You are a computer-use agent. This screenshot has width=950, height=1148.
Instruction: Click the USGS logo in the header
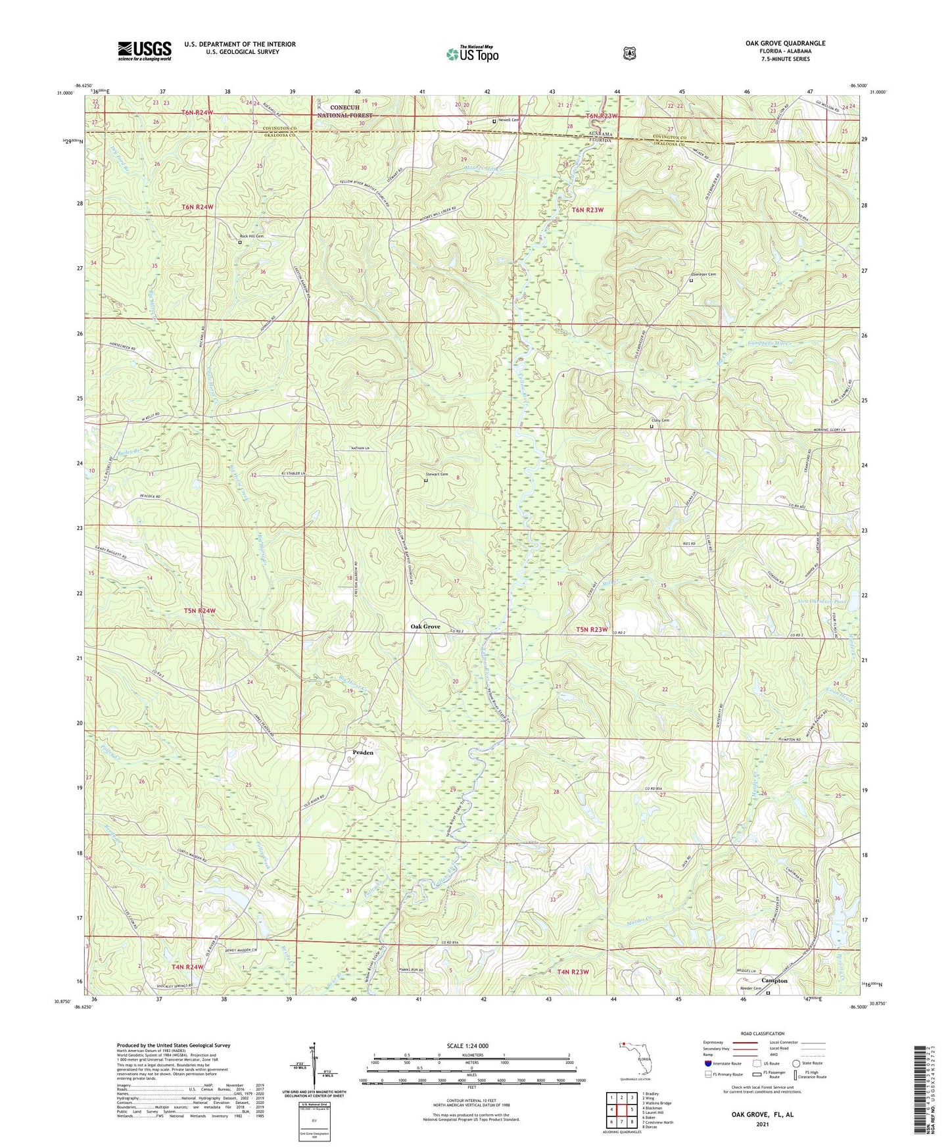145,50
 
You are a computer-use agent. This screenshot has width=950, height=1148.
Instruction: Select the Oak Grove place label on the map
425,627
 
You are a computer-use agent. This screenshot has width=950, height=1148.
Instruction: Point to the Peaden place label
363,752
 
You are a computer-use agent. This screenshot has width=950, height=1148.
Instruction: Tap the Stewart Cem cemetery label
437,474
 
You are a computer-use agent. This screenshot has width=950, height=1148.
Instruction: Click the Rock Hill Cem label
251,236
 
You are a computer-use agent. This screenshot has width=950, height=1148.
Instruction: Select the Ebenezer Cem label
703,274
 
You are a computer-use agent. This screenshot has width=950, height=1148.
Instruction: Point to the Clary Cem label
660,420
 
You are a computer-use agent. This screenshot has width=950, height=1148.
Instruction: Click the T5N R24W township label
199,611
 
